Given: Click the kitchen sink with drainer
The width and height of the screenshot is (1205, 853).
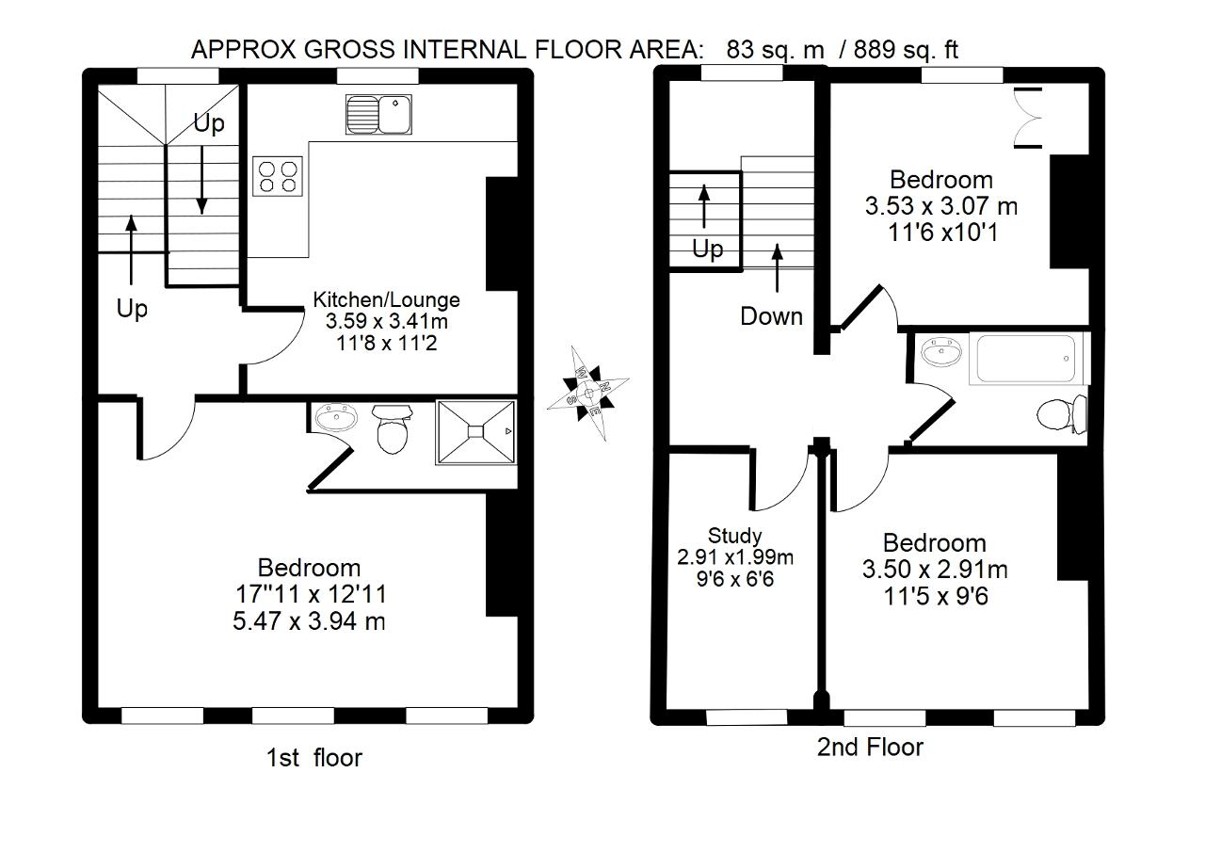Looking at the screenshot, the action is coord(378,114).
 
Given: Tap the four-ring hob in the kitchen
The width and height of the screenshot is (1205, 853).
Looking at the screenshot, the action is coord(278,176).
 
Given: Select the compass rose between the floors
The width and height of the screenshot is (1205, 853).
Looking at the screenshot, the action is coord(588,394).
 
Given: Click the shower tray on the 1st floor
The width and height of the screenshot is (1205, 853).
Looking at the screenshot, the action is coord(476,432).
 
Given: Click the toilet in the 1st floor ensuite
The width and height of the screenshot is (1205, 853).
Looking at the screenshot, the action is coord(392,429).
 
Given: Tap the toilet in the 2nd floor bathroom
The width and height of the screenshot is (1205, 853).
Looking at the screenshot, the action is coord(1061,414).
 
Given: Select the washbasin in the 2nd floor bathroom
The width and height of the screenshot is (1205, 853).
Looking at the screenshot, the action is coord(941,352).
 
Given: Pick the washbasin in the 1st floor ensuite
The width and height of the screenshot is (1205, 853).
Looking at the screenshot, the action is coord(336,417).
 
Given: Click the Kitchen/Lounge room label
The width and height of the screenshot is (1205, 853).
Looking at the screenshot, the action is coord(386,299).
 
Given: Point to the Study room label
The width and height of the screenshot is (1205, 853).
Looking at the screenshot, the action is coord(735,536).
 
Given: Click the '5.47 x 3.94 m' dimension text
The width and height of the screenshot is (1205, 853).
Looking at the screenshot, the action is coord(309,621).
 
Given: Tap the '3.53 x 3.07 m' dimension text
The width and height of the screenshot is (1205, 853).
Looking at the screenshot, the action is coord(940,206).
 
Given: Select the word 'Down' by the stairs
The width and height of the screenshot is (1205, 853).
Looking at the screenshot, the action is coord(771,316).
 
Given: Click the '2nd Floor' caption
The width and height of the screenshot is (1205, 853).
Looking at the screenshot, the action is coord(870,747).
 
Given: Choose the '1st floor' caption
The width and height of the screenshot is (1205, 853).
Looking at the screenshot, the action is coord(314,758).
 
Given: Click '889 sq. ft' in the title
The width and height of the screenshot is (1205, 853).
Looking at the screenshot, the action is coord(906,50).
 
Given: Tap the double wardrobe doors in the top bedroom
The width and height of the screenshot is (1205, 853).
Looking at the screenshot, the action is coord(1028,118).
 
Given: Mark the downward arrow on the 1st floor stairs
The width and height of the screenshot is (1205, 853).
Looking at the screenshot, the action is coord(201,180).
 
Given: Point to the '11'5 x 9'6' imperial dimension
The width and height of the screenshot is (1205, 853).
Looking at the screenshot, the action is coord(936,597).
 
